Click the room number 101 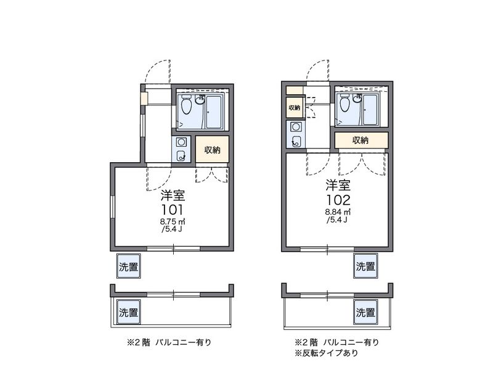[x=173, y=210]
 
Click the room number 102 [x=338, y=200]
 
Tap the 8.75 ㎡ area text [x=173, y=222]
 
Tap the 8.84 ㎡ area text [x=338, y=212]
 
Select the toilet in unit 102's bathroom [x=345, y=102]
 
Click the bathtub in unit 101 [x=214, y=112]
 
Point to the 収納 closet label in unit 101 [x=212, y=150]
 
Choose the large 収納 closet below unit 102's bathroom [x=361, y=140]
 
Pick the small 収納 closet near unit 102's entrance [x=295, y=107]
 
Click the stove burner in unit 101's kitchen [x=181, y=142]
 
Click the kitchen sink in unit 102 [x=296, y=141]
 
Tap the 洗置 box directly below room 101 [x=129, y=267]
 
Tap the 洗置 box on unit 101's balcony [x=129, y=312]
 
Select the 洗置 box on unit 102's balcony [x=365, y=312]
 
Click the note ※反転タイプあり [x=327, y=353]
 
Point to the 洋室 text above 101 [x=173, y=196]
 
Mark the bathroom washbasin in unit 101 [x=199, y=100]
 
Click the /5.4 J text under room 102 [x=338, y=220]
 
